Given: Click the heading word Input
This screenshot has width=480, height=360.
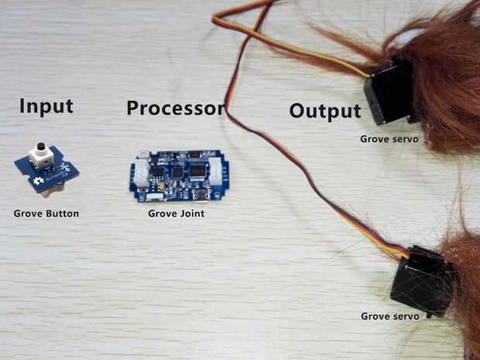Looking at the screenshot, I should point(46,106).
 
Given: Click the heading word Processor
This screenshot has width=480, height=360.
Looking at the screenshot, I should point(175,108).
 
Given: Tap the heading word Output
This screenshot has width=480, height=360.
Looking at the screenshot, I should point(325,111).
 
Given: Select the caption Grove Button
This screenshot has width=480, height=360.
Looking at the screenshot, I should point(46,213).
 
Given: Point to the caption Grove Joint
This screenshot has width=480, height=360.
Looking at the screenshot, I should point(177,213).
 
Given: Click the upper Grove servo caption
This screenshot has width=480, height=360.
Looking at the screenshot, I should point(389,139).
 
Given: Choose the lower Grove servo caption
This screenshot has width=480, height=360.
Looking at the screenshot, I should point(390,316).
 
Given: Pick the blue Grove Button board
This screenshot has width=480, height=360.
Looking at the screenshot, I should point(46,173).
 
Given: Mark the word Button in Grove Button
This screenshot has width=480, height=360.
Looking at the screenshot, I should point(62,213).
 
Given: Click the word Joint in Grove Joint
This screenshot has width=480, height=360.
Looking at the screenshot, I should point(191,213).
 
